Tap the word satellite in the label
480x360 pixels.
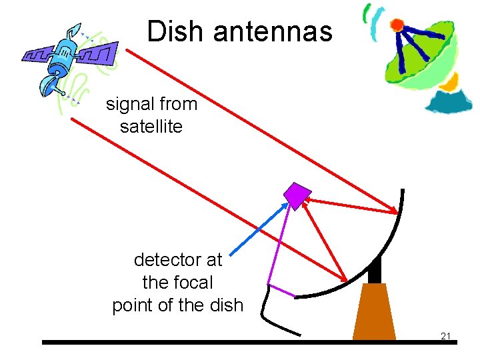pos(151,126)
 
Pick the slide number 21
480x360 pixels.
pos(446,335)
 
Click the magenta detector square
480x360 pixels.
pos(297,194)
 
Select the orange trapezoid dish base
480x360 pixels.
pos(374,313)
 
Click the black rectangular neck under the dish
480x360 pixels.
pos(374,270)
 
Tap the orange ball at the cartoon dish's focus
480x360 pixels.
pos(397,25)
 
